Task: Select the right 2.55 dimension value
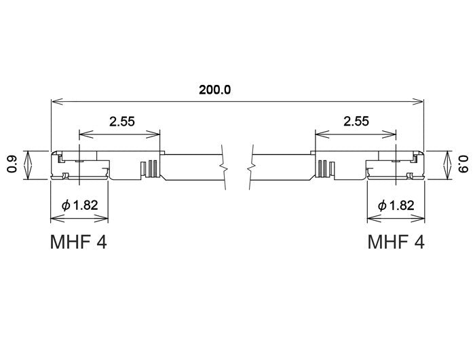click(x=356, y=122)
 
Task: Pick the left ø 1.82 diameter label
click(x=79, y=204)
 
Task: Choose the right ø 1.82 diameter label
click(x=396, y=204)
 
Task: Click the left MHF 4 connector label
click(x=78, y=242)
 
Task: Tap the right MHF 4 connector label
click(x=396, y=242)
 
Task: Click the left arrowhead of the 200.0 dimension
click(x=55, y=102)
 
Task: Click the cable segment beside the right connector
click(x=282, y=167)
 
